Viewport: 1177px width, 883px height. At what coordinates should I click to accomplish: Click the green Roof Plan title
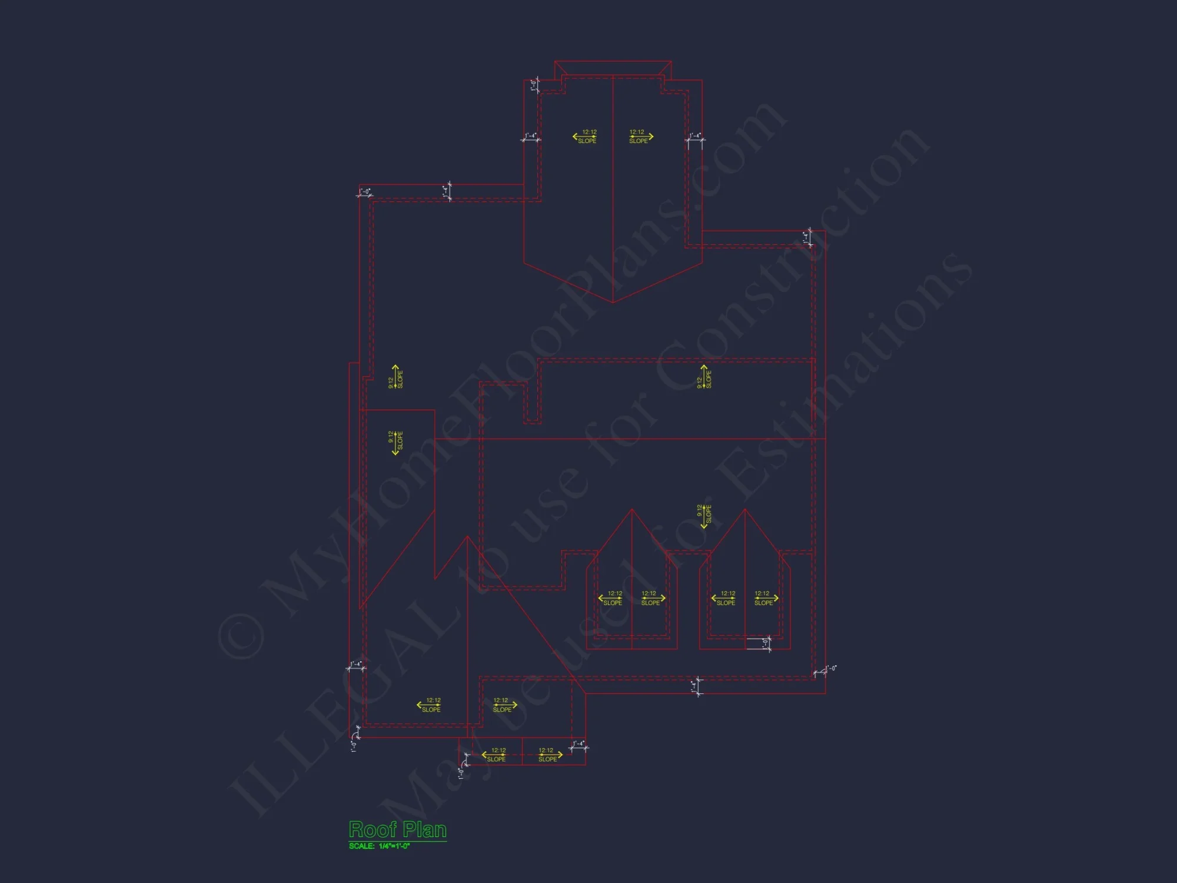click(x=398, y=829)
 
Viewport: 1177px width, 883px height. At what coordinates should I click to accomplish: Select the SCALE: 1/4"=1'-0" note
click(x=379, y=846)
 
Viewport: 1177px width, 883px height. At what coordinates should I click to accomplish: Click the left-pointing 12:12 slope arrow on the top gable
click(x=585, y=137)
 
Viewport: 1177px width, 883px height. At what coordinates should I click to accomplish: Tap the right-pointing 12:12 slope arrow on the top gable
click(x=641, y=137)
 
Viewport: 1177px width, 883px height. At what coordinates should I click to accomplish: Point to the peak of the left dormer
click(x=632, y=510)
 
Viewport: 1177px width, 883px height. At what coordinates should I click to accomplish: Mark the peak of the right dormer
click(x=745, y=510)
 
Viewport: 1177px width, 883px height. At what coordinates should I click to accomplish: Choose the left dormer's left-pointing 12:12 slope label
click(x=611, y=598)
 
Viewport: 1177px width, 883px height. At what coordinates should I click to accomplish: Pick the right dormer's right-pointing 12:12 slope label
click(x=766, y=598)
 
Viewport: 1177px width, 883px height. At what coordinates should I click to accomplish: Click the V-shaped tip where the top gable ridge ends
click(x=613, y=302)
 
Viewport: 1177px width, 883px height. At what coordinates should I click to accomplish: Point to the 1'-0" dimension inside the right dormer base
click(x=766, y=643)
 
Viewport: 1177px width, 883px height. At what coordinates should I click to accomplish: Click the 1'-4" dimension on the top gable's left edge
click(x=531, y=137)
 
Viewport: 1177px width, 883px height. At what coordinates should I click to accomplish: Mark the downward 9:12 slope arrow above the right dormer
click(x=704, y=516)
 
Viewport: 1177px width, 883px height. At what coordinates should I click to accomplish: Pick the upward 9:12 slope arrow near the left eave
click(x=395, y=377)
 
